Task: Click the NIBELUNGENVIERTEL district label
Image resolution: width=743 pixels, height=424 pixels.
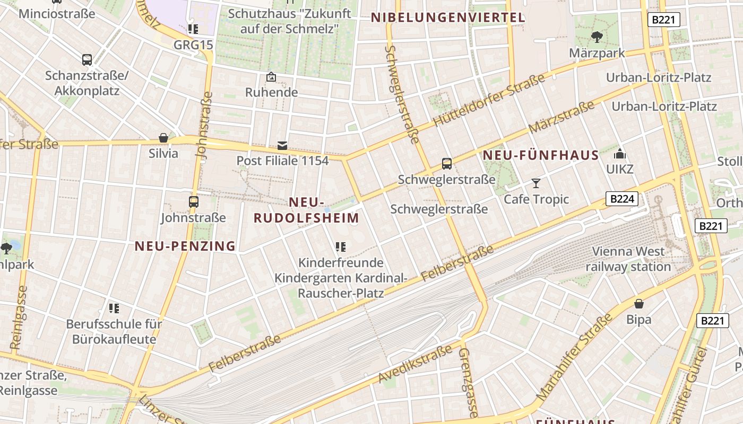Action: [447, 17]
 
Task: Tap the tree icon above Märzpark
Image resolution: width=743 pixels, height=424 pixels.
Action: [597, 37]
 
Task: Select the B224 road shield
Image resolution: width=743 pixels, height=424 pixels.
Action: [621, 199]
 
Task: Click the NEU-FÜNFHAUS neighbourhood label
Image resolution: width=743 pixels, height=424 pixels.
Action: [541, 156]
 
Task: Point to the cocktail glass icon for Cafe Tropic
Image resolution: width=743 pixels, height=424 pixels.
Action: [536, 183]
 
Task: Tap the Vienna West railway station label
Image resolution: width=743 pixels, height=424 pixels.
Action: [628, 259]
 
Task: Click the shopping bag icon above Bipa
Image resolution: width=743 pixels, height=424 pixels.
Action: [639, 304]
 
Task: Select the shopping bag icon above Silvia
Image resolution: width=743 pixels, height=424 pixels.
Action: [163, 138]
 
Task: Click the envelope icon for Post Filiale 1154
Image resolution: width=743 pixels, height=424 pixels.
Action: [282, 145]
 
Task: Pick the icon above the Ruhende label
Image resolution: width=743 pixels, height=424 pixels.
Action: [271, 77]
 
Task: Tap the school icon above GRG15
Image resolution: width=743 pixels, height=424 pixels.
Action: [193, 29]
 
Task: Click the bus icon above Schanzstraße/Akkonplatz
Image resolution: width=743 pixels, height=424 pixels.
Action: [87, 59]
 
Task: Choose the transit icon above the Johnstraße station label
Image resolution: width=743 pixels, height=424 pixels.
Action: [194, 201]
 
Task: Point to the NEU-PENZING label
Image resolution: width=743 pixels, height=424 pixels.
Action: [185, 246]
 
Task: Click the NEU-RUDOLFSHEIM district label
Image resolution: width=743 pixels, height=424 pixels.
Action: [306, 210]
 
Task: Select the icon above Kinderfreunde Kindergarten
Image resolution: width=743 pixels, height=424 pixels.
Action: [341, 246]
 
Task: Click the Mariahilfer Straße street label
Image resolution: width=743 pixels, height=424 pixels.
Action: [574, 357]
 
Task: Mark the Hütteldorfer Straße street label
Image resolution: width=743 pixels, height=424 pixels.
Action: [489, 100]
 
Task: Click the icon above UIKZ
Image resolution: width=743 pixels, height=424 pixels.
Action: [620, 154]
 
